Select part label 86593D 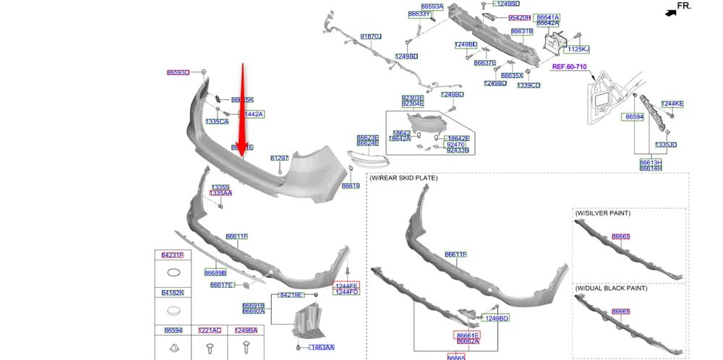pos(178,72)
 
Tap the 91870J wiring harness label pos(370,36)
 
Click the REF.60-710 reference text pos(569,67)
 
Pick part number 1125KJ pos(578,49)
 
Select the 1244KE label pos(672,104)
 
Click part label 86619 pos(351,186)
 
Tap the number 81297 pos(279,158)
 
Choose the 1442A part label pos(253,114)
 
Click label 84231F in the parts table pos(172,255)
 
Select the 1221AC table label pos(209,330)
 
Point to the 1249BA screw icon pos(247,348)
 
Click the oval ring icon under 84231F pos(173,273)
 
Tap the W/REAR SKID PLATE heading pos(403,178)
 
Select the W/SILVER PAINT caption pos(603,213)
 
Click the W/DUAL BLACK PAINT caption pos(611,288)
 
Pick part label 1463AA pos(322,348)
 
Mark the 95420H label pos(519,17)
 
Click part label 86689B pos(215,273)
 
